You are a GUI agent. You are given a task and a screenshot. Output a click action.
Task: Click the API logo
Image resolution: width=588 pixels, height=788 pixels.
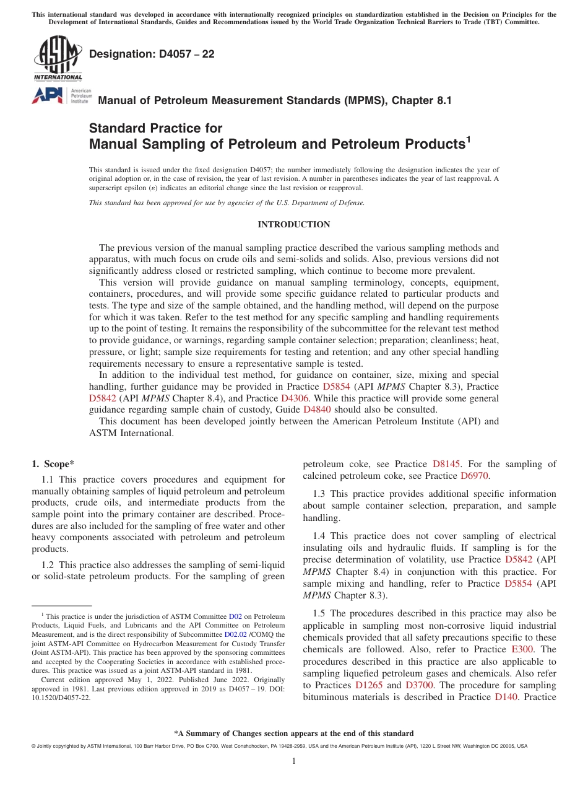tap(47, 95)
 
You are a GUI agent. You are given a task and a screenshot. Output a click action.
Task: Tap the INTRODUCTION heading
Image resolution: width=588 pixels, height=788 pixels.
tap(294, 224)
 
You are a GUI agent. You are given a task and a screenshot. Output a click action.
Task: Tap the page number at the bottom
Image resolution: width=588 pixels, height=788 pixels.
tap(294, 761)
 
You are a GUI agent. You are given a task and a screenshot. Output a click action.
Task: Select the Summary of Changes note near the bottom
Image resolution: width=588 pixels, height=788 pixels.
tap(294, 733)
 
